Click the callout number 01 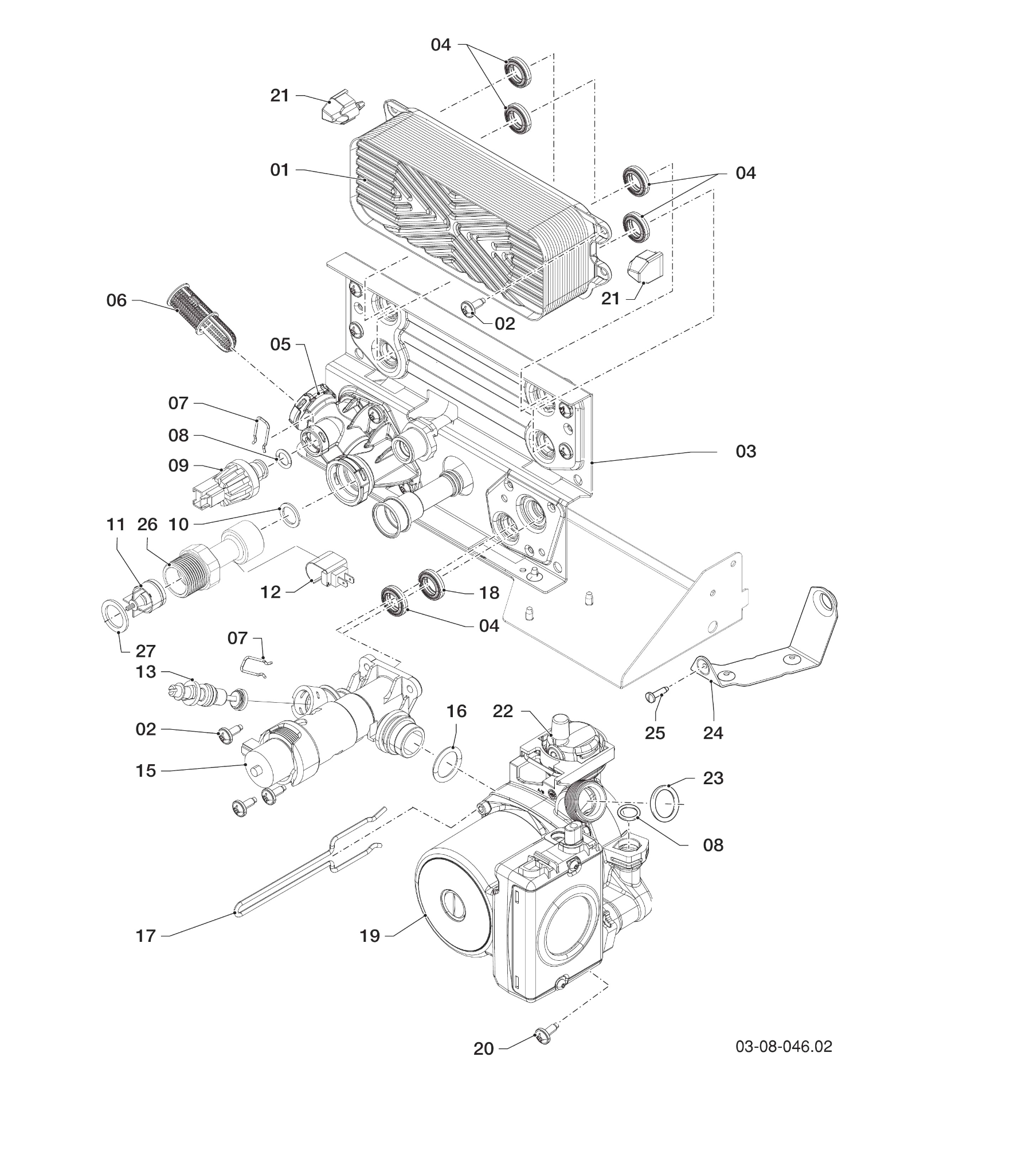click(280, 170)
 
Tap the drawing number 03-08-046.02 click(784, 1047)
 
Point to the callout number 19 click(370, 936)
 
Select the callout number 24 click(713, 733)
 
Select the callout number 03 click(746, 451)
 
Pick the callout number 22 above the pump click(503, 711)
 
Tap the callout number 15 click(146, 770)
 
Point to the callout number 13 click(146, 671)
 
